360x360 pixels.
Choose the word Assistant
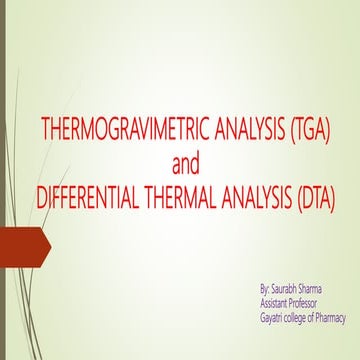tap(275, 303)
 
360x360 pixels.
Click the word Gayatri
tap(271, 318)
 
